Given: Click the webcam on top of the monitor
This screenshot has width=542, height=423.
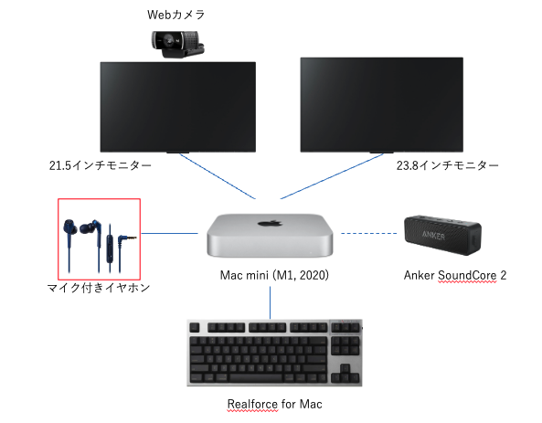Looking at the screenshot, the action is click(178, 44).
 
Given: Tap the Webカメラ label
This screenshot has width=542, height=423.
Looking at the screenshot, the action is click(175, 15).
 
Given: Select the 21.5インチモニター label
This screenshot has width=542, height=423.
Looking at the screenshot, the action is click(101, 165).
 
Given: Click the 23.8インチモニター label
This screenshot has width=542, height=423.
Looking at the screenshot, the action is click(447, 165).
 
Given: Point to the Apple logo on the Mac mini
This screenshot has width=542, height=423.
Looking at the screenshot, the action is click(270, 223).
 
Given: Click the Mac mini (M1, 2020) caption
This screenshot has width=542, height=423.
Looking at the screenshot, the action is click(274, 275).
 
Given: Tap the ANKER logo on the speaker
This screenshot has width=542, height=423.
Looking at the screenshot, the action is click(433, 236).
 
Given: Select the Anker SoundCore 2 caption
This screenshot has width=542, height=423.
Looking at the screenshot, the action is click(455, 275).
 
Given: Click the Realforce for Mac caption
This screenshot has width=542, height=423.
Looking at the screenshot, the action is click(274, 404).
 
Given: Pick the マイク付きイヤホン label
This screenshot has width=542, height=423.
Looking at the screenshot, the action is click(99, 288).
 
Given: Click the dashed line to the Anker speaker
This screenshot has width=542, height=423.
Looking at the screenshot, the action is click(369, 234).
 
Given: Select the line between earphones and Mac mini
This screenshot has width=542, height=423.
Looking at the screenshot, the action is click(169, 233).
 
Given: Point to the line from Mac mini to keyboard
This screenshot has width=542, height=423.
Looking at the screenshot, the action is click(270, 302).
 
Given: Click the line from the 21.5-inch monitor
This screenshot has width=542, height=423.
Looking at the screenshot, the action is click(218, 176).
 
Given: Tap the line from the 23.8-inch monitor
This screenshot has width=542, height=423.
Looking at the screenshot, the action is click(332, 176).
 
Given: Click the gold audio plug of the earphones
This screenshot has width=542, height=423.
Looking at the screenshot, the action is click(132, 238).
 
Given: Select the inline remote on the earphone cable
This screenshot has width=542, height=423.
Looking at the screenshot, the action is click(110, 240).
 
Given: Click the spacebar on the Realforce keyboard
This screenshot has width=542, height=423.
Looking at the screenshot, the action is click(256, 377).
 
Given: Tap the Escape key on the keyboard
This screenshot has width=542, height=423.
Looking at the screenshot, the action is click(195, 327).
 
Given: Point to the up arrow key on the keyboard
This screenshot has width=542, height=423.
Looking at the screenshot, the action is click(345, 367).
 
